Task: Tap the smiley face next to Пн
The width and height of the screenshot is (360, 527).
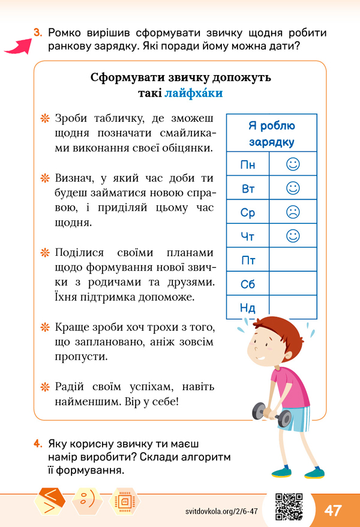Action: coord(293,163)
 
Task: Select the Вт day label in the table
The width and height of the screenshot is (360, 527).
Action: coord(248,188)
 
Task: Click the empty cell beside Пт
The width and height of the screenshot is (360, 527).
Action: coord(293,260)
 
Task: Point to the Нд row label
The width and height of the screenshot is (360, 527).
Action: coord(248,308)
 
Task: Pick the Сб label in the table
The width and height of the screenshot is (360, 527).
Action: coord(248,285)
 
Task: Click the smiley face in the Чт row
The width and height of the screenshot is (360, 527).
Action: coord(293,236)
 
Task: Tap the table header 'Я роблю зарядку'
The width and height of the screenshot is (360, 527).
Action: coord(271,134)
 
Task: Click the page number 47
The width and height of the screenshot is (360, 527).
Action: coord(333,510)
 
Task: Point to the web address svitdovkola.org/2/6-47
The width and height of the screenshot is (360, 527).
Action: coord(222,511)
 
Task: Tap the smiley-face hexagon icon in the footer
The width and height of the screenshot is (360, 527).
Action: coord(87,500)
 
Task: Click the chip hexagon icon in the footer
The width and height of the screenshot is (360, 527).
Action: coord(124,500)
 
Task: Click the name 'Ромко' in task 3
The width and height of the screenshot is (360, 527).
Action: coord(67,32)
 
